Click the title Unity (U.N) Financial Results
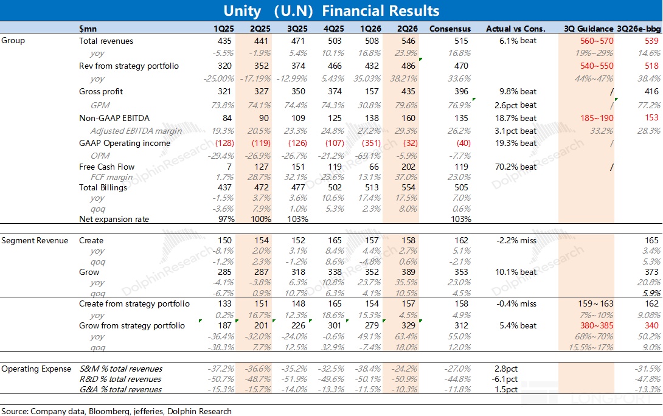click(331, 10)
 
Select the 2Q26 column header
click(407, 29)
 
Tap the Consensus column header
click(450, 29)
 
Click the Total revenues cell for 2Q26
click(408, 41)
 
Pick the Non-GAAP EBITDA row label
click(114, 119)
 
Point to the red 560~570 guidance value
click(597, 41)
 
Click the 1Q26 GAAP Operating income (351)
click(371, 144)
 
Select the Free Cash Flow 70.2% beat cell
click(515, 167)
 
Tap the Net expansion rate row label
click(114, 220)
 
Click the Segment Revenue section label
click(35, 241)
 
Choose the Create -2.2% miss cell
click(516, 241)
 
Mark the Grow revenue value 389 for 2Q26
click(408, 272)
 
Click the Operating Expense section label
click(36, 369)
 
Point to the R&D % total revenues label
click(120, 380)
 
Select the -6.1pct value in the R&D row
click(504, 380)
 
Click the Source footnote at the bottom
click(116, 411)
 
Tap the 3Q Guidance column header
click(589, 29)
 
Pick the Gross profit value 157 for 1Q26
click(372, 92)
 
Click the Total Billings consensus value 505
click(461, 188)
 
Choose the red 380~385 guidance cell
click(597, 326)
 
